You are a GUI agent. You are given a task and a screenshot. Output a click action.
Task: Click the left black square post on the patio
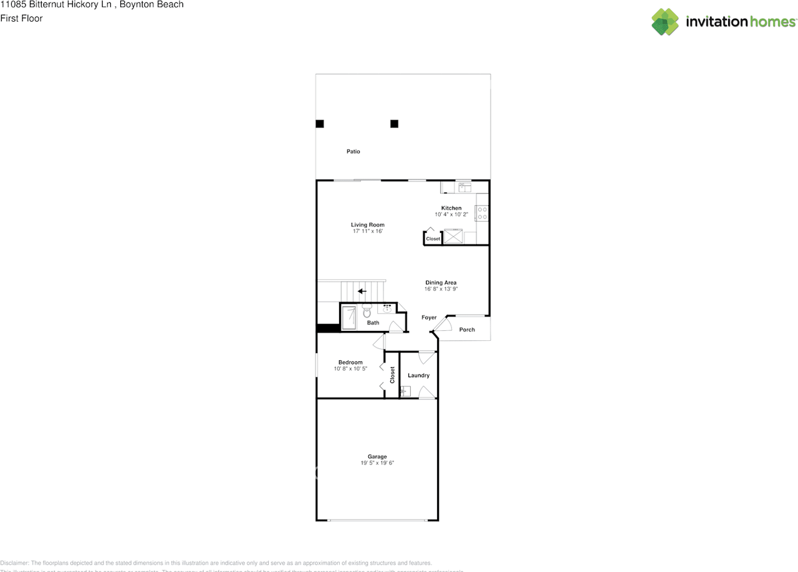(320, 124)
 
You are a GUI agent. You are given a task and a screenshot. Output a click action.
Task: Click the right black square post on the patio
(394, 124)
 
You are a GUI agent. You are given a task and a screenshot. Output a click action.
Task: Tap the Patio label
(353, 151)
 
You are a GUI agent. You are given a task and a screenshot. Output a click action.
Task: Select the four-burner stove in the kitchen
(482, 214)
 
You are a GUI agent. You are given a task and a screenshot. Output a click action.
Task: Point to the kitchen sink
(464, 186)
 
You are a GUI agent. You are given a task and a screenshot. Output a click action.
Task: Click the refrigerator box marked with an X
(453, 237)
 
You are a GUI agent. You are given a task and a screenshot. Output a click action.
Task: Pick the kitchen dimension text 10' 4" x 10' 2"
(451, 215)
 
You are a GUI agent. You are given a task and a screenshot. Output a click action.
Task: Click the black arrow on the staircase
(362, 291)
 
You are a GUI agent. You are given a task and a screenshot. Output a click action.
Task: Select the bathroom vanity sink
(388, 308)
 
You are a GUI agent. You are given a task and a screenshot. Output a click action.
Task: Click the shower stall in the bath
(349, 317)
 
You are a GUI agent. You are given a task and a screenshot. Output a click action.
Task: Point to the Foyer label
(429, 318)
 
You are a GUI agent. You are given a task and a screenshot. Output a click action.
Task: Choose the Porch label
(467, 330)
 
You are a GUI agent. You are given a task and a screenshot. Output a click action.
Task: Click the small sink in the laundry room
(405, 392)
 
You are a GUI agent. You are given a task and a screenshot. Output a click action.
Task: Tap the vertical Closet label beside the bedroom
(392, 374)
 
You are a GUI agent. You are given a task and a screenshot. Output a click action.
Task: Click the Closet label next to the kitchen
(433, 239)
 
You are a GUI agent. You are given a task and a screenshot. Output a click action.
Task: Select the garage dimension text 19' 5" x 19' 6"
(377, 463)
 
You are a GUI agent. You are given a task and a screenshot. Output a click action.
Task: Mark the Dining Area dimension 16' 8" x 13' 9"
(441, 289)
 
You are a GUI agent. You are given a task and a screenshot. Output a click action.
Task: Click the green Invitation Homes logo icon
(665, 22)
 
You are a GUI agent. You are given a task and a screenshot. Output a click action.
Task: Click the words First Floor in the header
(21, 19)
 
